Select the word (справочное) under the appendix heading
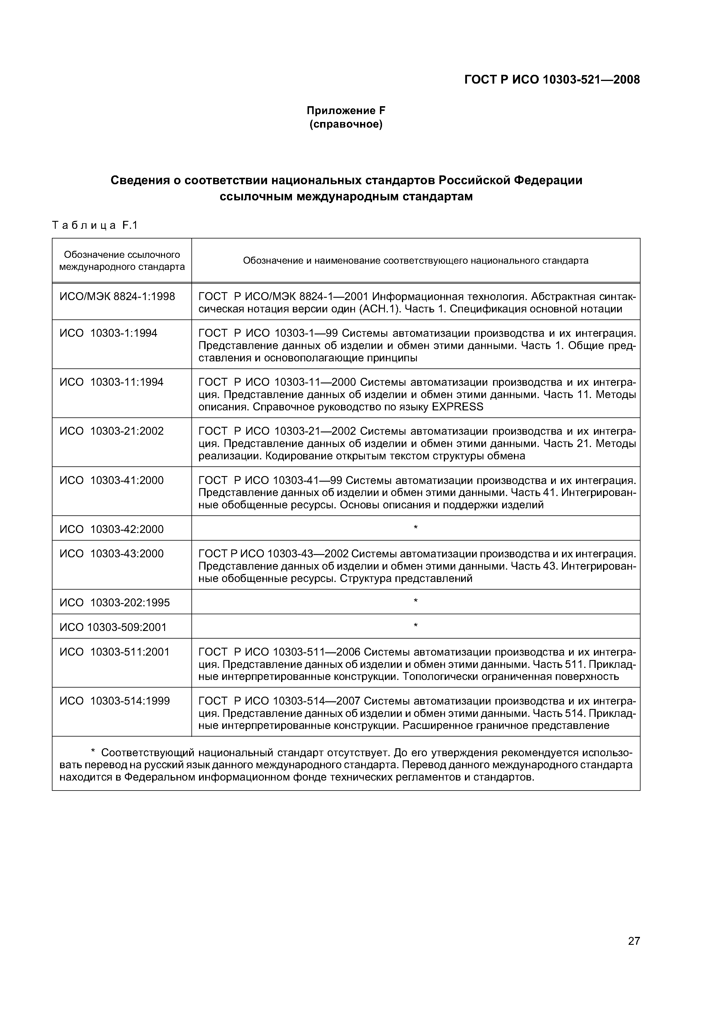click(346, 124)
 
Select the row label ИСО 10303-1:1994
click(109, 333)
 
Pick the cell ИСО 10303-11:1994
click(111, 382)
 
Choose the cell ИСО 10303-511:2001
click(115, 652)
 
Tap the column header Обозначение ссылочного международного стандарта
click(122, 261)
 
